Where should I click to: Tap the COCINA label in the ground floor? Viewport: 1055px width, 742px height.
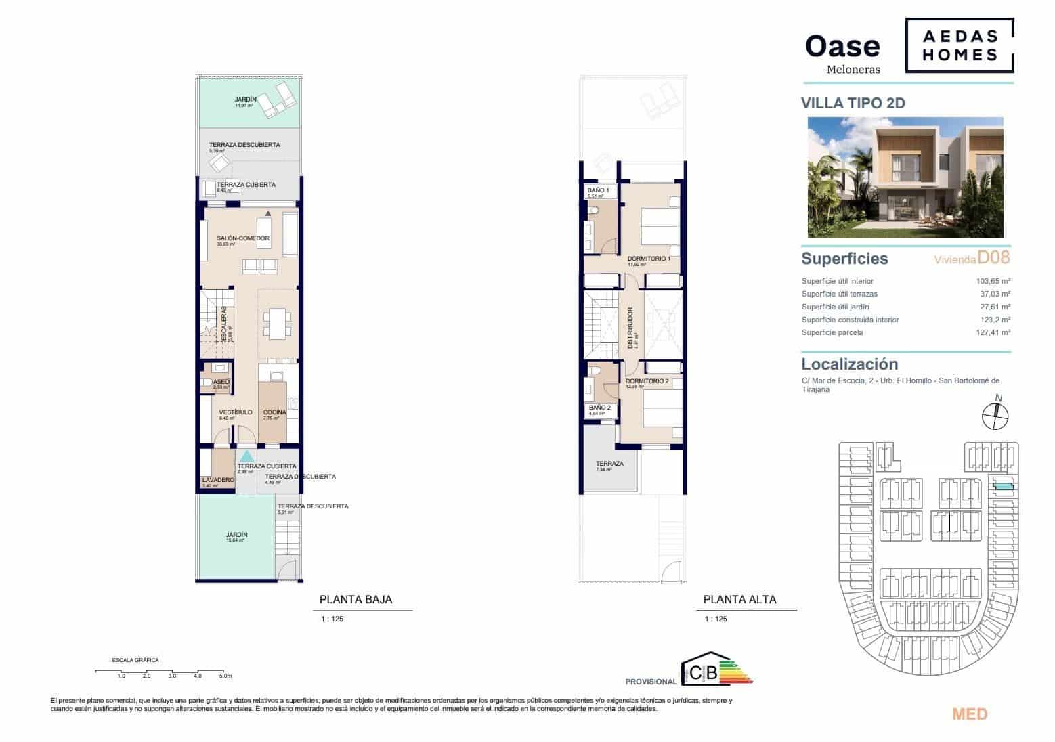pyautogui.click(x=274, y=412)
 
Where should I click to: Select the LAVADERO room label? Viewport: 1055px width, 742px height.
pyautogui.click(x=218, y=480)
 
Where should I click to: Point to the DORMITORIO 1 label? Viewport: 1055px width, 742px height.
pyautogui.click(x=649, y=259)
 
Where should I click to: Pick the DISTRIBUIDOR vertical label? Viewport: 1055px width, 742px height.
pyautogui.click(x=630, y=328)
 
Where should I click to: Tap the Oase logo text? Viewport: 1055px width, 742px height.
pyautogui.click(x=842, y=46)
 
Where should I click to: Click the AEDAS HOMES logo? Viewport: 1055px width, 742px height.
pyautogui.click(x=960, y=46)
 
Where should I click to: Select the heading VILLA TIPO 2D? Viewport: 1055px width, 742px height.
pyautogui.click(x=853, y=104)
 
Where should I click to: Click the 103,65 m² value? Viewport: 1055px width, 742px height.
pyautogui.click(x=990, y=281)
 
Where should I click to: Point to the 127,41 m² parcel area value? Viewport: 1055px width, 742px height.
pyautogui.click(x=990, y=332)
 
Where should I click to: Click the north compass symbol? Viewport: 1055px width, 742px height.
pyautogui.click(x=995, y=414)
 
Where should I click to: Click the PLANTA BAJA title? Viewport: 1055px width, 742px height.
pyautogui.click(x=356, y=599)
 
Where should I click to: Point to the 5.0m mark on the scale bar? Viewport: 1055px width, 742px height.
pyautogui.click(x=225, y=676)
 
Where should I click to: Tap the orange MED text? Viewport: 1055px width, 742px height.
pyautogui.click(x=970, y=714)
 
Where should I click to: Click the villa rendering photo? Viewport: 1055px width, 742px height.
pyautogui.click(x=905, y=177)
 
